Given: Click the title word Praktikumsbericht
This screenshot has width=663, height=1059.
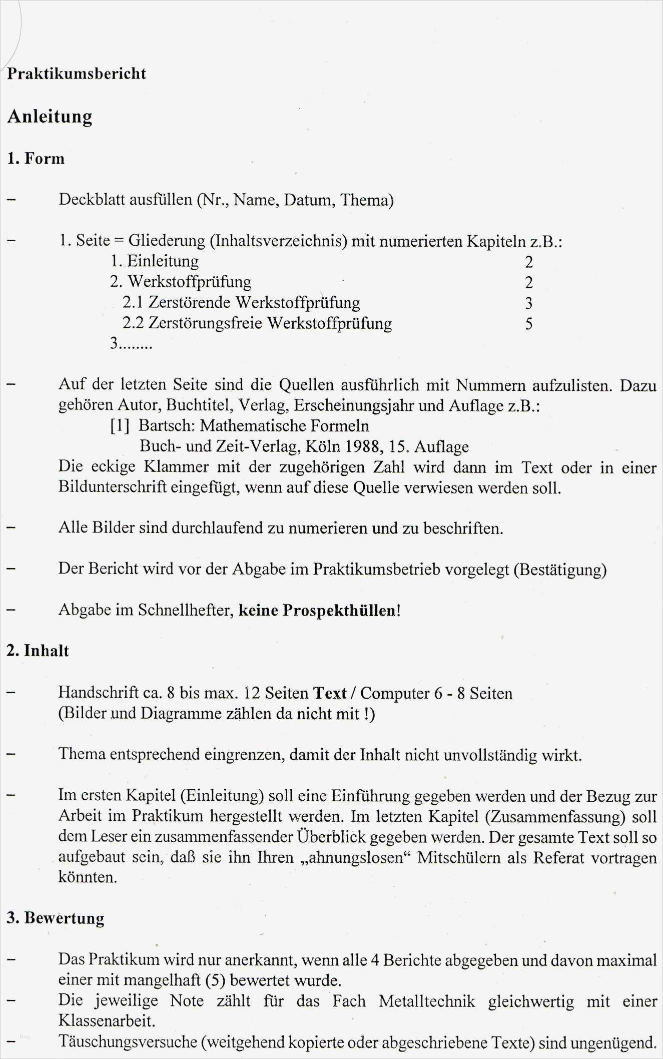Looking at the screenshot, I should point(77,74).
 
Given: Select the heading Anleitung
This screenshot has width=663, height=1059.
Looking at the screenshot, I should point(50,117).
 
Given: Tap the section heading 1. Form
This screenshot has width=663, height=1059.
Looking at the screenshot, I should point(36,159).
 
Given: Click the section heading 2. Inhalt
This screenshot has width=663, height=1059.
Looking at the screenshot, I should point(38,651).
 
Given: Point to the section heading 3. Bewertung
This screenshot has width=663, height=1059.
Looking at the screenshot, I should point(56,918).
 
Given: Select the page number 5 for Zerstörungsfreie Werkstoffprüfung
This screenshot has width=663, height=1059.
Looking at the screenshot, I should point(529,324).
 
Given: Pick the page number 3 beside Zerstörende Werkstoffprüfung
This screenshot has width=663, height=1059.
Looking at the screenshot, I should point(529,303).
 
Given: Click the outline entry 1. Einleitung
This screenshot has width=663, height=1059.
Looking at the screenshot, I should point(155,261).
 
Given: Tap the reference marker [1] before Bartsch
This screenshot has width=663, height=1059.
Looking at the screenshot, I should point(120,426).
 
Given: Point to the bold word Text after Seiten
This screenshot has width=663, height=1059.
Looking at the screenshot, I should point(330,694).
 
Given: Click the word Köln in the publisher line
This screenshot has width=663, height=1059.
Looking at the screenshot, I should point(322,446).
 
